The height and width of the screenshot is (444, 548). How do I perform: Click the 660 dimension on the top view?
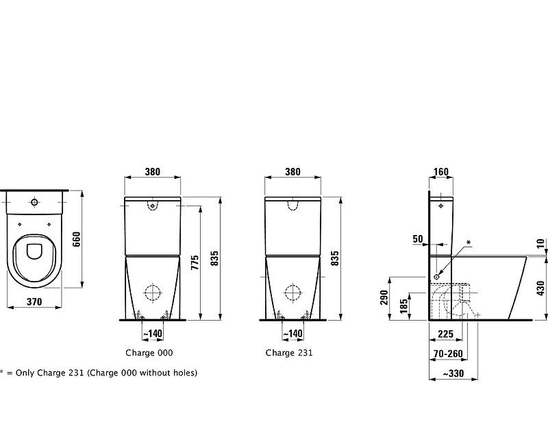(77, 238)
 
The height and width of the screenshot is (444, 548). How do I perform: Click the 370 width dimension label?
(34, 301)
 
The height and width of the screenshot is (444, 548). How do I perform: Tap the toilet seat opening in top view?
(34, 251)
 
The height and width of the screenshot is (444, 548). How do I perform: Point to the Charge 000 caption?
(149, 353)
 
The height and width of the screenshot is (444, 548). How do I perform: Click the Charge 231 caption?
(289, 353)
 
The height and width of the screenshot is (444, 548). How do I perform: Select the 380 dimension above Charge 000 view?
(153, 172)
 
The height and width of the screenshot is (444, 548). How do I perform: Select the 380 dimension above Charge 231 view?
(292, 172)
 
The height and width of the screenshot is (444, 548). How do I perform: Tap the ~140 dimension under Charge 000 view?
(153, 334)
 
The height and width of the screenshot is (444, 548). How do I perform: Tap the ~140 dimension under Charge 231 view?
(293, 334)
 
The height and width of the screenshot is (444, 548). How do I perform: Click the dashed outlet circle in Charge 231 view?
(293, 293)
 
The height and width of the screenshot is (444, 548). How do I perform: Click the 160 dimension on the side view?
(441, 172)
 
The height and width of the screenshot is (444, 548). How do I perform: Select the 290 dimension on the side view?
(385, 297)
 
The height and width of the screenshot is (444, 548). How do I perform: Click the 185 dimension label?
(404, 304)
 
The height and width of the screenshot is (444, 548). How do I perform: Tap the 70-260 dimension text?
(448, 354)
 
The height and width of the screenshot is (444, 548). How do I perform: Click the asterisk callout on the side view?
(469, 243)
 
